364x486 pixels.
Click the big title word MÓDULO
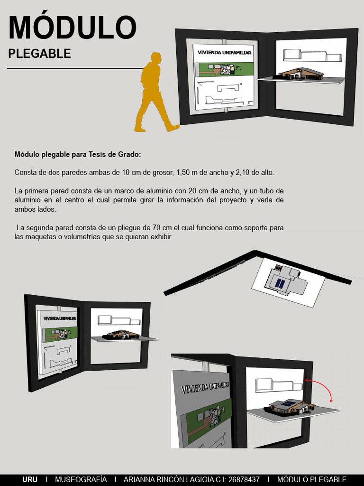click(72, 27)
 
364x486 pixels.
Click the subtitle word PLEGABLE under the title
click(40, 54)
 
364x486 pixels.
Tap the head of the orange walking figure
click(156, 58)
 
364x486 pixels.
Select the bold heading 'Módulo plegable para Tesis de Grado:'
click(78, 154)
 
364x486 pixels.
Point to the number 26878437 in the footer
click(244, 479)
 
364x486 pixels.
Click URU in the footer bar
click(30, 479)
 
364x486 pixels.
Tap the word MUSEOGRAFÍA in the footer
click(81, 479)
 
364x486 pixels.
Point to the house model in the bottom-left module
click(122, 335)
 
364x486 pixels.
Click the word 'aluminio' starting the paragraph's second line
click(27, 200)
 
